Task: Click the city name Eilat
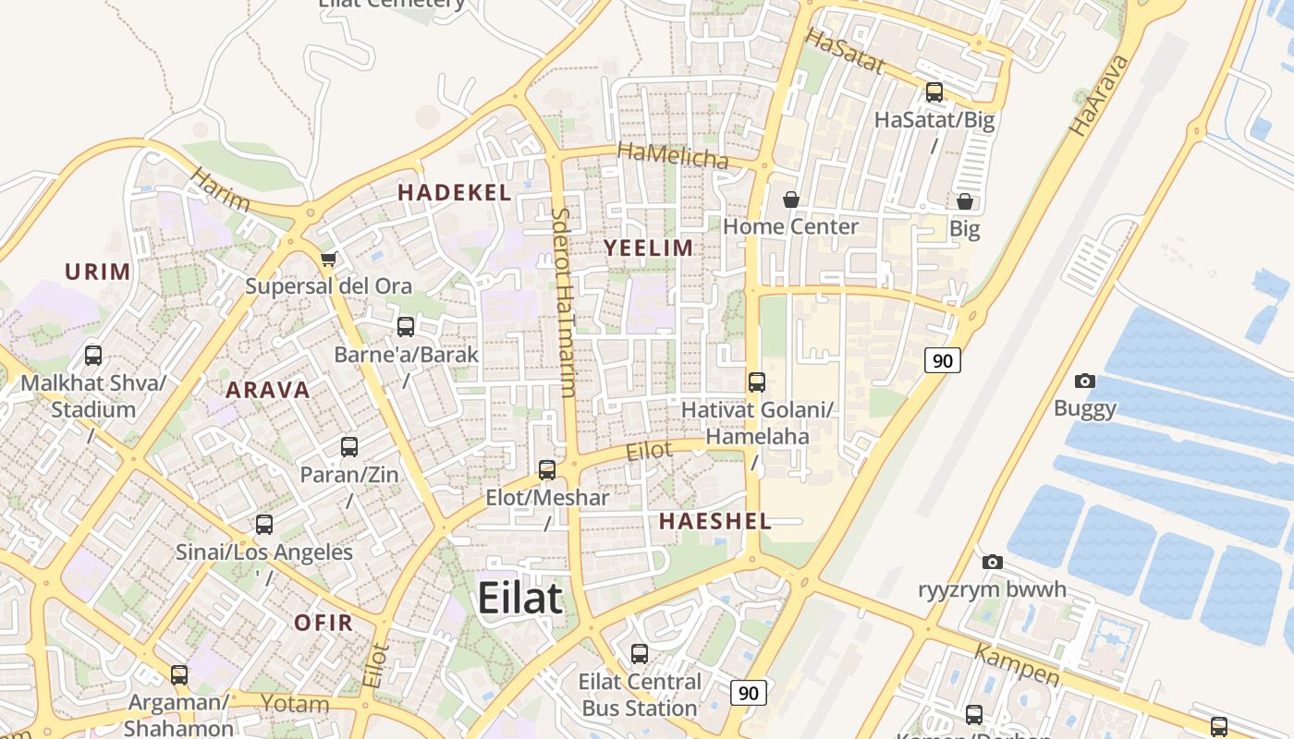point(519,599)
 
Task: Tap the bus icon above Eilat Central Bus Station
point(639,654)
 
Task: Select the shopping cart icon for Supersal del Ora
point(328,260)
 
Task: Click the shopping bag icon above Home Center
point(791,200)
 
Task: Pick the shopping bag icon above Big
point(965,201)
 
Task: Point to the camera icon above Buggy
point(1085,381)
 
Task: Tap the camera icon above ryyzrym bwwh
point(993,562)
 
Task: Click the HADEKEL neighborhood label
point(454,193)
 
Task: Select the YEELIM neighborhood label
point(648,248)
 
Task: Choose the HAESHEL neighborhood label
point(715,521)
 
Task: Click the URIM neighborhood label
point(97,272)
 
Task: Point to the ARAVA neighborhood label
point(268,390)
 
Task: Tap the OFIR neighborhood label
point(323,623)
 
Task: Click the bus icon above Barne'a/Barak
point(406,326)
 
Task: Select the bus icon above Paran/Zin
point(349,447)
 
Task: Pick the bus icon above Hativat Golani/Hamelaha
point(757,382)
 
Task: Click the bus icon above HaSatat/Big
point(934,92)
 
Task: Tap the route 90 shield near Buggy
point(943,360)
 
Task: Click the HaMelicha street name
point(672,156)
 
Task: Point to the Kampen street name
point(1017,665)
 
